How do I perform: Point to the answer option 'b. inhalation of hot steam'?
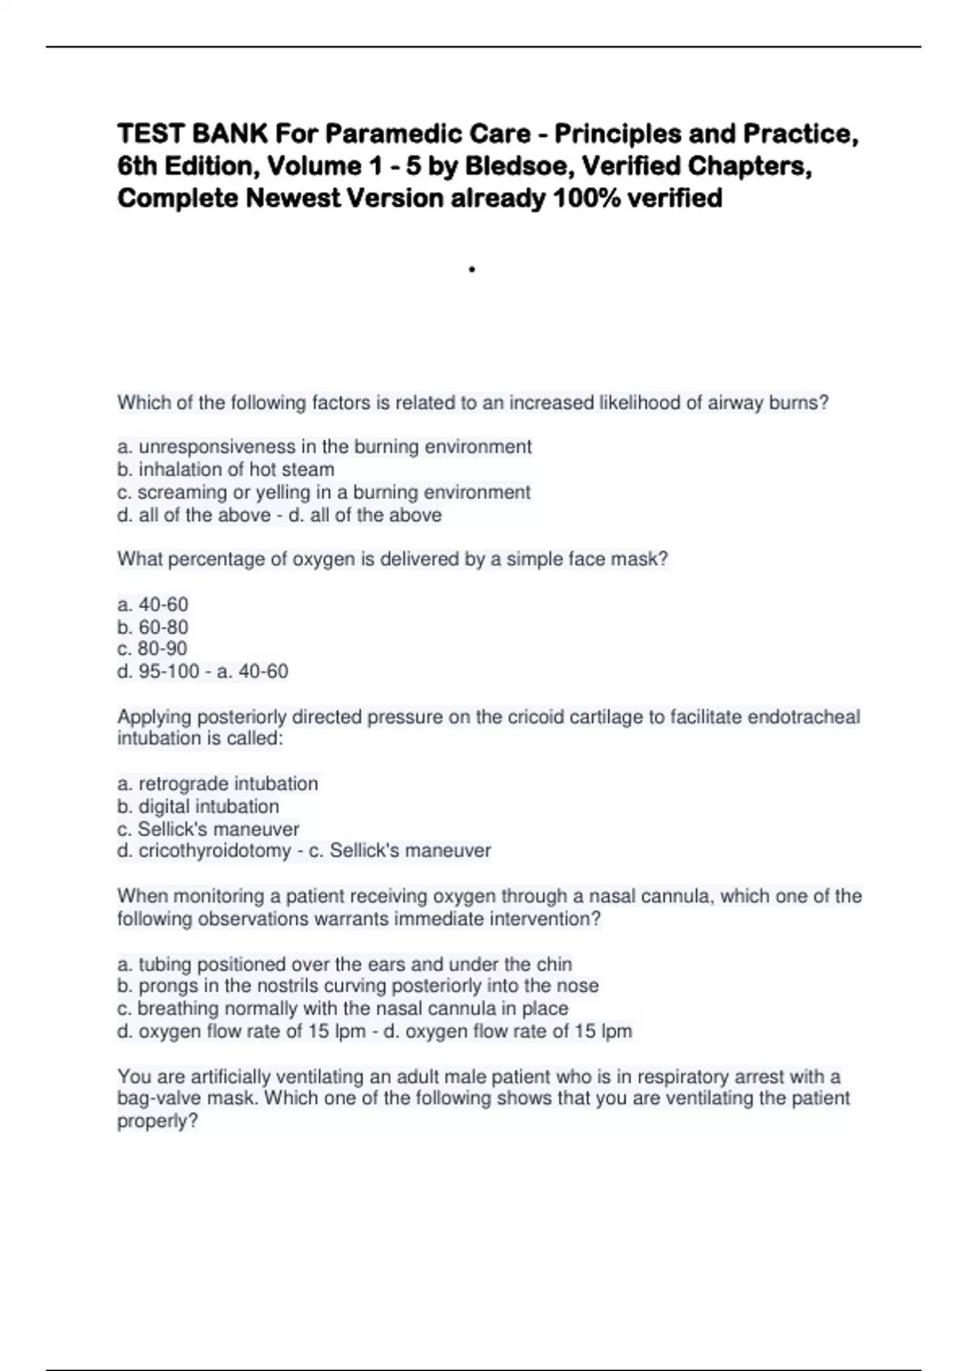(226, 469)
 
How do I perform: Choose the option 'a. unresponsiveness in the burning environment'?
(324, 447)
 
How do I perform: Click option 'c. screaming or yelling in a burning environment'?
(323, 492)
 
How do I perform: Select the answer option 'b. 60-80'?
(152, 627)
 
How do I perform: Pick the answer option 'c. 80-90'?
(152, 648)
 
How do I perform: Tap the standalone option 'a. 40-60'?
(152, 604)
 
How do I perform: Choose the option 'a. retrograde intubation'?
(218, 783)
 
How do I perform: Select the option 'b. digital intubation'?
(198, 806)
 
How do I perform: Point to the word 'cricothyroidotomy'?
(215, 850)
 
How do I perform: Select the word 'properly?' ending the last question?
(157, 1121)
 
